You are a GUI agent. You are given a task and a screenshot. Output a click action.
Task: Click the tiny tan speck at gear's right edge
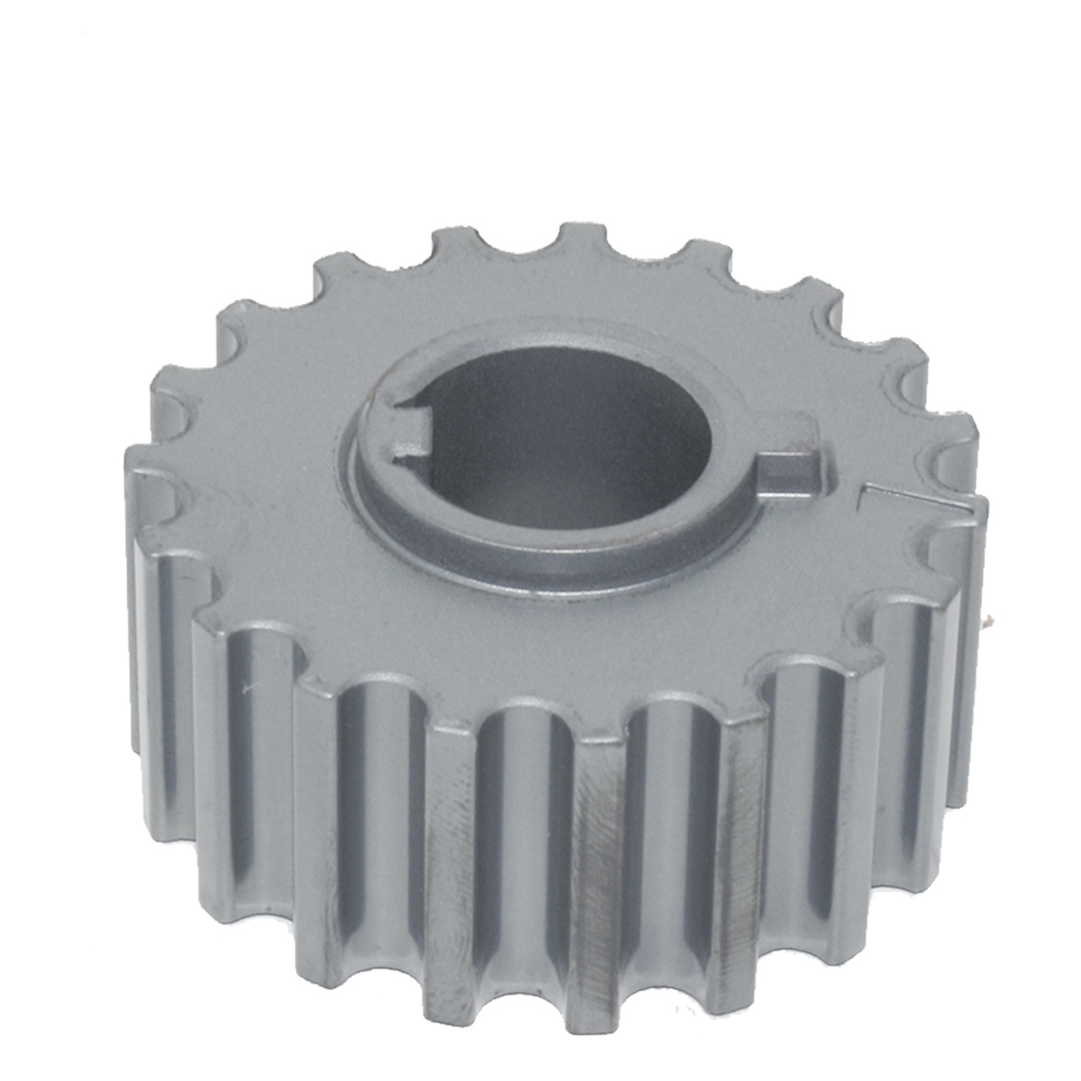coord(988,620)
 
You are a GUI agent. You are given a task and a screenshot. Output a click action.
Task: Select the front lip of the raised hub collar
coord(559,563)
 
